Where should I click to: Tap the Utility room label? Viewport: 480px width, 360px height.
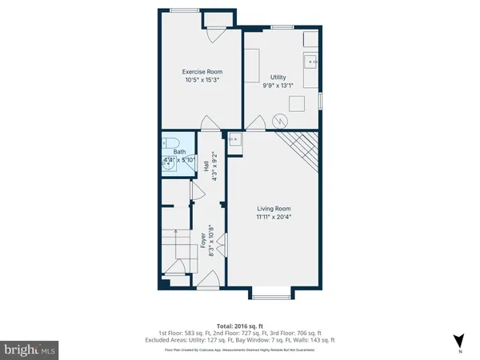(x=279, y=78)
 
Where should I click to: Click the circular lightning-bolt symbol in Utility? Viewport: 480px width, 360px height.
(x=279, y=121)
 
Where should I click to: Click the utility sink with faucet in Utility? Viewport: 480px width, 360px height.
(x=311, y=62)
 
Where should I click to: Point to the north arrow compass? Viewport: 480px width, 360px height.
(x=457, y=340)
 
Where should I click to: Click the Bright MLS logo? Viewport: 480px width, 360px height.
(x=30, y=349)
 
